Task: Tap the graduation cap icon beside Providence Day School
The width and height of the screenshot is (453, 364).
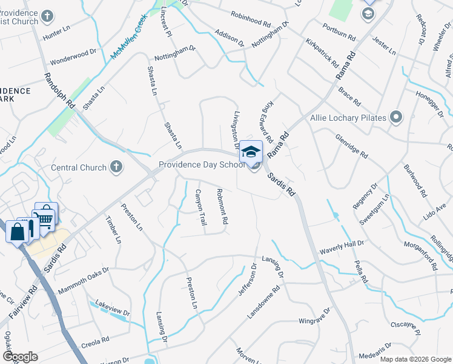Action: [251, 152]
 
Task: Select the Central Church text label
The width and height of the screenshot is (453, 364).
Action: [79, 167]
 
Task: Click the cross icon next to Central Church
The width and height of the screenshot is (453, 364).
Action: [116, 167]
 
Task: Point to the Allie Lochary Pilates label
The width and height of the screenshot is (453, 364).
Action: [348, 118]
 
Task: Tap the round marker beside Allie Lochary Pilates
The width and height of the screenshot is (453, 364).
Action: [397, 117]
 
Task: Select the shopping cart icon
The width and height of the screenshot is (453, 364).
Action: [46, 217]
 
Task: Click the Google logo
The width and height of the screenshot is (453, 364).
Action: [21, 356]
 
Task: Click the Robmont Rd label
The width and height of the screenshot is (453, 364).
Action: [222, 207]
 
